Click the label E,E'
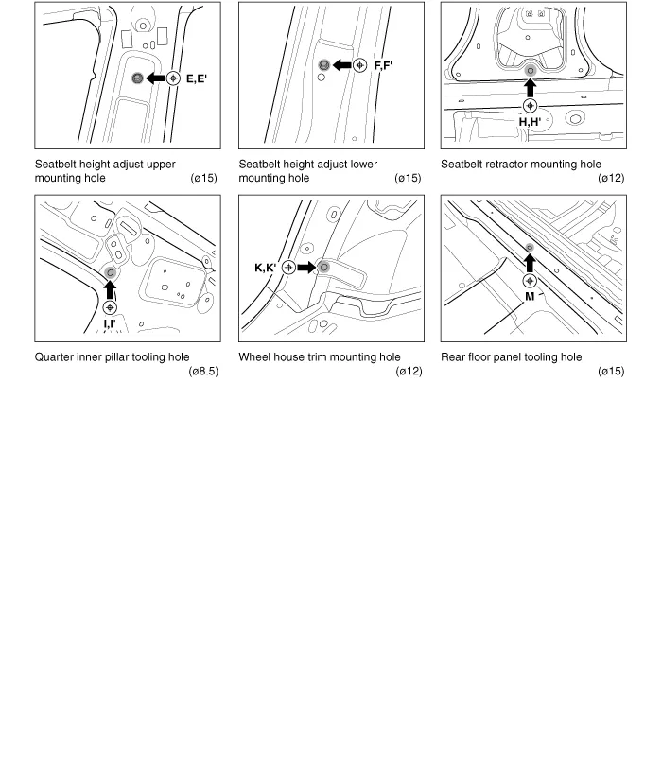click(x=197, y=78)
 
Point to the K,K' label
click(x=265, y=268)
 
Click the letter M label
click(x=530, y=296)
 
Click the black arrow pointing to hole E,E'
click(x=154, y=78)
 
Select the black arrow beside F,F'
click(x=340, y=65)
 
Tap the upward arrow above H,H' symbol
click(x=530, y=88)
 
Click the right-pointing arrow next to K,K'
click(x=305, y=268)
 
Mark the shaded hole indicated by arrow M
click(x=530, y=248)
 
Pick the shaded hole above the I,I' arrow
click(x=111, y=273)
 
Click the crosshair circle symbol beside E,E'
click(x=173, y=78)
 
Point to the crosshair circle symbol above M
click(x=530, y=281)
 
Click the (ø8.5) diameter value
click(x=203, y=371)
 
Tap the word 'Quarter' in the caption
click(x=56, y=356)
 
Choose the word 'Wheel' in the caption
click(x=256, y=356)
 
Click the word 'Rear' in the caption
click(x=454, y=356)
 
